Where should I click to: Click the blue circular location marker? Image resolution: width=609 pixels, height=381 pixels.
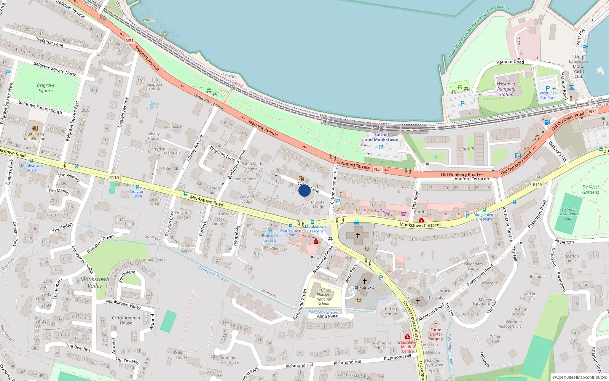pos(304,190)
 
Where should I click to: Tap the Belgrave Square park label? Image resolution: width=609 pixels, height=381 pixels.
pos(46,88)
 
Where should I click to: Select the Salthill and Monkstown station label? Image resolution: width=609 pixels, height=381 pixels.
pos(381,137)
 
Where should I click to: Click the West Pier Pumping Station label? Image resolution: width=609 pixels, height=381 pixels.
pos(506,89)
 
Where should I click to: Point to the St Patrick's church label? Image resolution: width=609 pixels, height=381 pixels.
pos(364,287)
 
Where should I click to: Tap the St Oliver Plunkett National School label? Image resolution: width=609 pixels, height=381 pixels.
pos(324,297)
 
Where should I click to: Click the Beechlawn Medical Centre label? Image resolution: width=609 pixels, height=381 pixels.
pos(408,347)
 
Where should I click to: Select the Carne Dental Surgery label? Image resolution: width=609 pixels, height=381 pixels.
pos(436,334)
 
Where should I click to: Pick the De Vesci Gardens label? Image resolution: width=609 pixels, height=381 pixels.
pos(590,190)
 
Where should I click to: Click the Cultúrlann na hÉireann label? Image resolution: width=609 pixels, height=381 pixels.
pos(35,136)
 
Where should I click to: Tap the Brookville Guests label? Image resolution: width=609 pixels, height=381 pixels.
pos(271,238)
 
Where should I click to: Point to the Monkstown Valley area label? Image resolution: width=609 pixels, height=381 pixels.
pos(95,282)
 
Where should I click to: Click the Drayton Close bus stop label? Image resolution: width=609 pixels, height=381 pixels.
pos(137,194)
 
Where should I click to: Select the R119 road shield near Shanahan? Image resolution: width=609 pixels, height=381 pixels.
pos(114,178)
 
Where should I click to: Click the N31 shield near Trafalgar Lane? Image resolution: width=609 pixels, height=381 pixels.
pos(129,41)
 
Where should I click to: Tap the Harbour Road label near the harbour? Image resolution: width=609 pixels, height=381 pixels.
pos(510,62)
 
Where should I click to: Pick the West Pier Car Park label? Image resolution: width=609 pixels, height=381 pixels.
pos(548,95)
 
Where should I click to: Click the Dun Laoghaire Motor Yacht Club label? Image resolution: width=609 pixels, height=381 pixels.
pos(579,66)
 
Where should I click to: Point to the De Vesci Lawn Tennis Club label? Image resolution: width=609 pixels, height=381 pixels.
pos(568,214)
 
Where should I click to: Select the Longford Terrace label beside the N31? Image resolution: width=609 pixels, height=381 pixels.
pos(354,165)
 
